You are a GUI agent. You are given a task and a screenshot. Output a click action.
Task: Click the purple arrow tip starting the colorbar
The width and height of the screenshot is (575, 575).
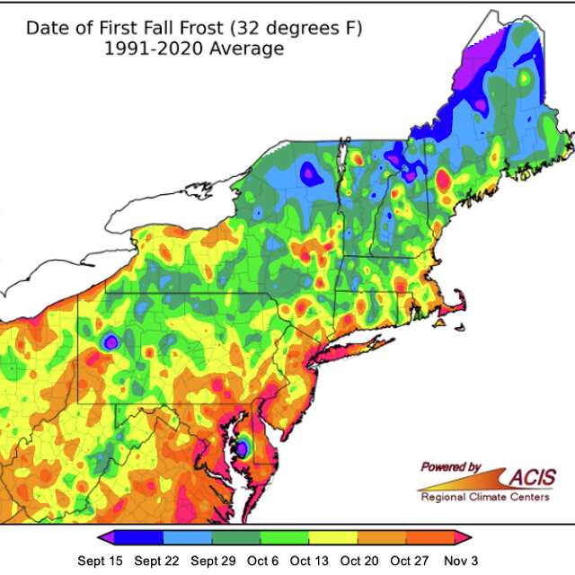tap(106, 537)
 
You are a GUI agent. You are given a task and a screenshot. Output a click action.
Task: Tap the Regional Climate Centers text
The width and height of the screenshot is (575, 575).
tap(485, 496)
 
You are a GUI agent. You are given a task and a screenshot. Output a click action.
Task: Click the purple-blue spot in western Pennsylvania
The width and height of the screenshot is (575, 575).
tap(111, 341)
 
